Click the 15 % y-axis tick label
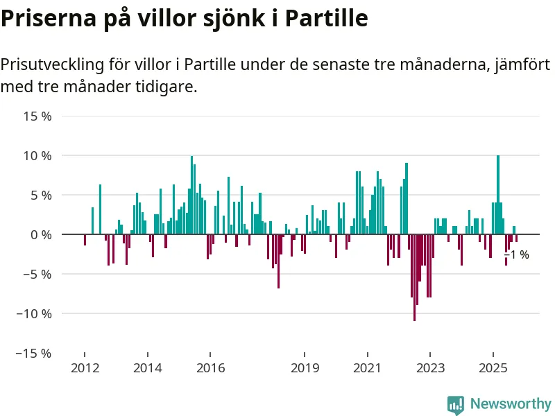(37, 116)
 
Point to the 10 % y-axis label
(37, 156)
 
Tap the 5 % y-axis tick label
(41, 196)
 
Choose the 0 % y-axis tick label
(41, 235)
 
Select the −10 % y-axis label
(34, 313)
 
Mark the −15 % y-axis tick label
(34, 353)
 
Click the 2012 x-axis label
(85, 367)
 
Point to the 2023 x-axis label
(431, 367)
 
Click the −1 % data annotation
(517, 255)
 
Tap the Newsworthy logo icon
(456, 404)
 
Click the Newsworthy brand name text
(511, 404)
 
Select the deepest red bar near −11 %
(414, 277)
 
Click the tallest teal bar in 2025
(498, 195)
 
